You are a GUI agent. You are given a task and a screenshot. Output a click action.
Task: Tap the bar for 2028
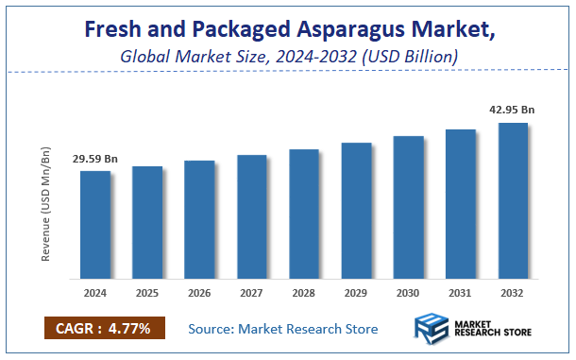click(303, 214)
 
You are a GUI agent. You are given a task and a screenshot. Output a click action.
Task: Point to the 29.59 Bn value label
click(95, 159)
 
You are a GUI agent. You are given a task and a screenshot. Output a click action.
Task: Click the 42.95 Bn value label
click(511, 110)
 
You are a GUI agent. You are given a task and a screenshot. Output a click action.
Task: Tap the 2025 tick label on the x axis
click(147, 295)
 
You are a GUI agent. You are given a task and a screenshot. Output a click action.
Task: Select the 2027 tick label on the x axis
click(251, 295)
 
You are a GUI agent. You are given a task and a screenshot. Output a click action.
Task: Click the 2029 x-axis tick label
click(356, 295)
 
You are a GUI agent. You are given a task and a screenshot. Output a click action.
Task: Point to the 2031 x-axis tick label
click(460, 295)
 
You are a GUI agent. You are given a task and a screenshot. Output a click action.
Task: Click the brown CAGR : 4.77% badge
click(105, 329)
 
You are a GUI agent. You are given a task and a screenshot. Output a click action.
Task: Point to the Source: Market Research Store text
click(283, 329)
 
